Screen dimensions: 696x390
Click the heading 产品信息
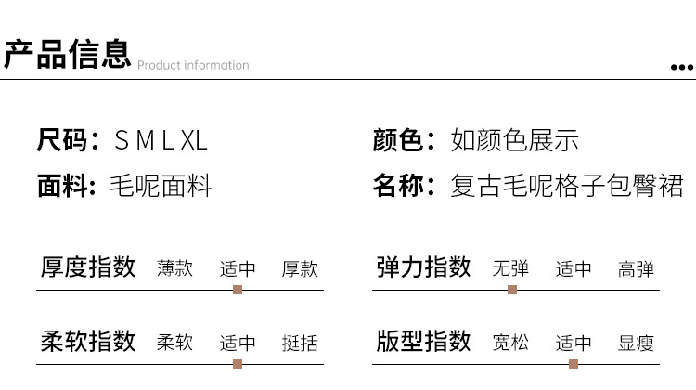tap(67, 54)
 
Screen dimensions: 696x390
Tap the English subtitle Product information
tap(193, 65)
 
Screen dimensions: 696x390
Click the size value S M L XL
tap(160, 141)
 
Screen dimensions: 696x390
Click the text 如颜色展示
tap(515, 141)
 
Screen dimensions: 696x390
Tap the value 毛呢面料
tap(161, 186)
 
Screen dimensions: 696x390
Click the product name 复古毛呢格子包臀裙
tap(567, 186)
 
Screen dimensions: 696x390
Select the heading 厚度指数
tap(88, 267)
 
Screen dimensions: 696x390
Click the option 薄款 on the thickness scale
tap(175, 268)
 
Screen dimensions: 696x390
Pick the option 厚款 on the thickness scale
tap(300, 268)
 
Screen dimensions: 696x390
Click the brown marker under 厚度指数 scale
tap(238, 290)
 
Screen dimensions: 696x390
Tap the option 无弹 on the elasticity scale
tap(511, 268)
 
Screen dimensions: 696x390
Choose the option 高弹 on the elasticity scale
tap(636, 268)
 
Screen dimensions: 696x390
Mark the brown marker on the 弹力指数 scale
tap(512, 290)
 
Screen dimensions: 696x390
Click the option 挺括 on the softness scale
tap(300, 343)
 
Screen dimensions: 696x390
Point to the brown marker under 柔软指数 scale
tap(238, 364)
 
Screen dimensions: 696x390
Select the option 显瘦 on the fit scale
tap(636, 343)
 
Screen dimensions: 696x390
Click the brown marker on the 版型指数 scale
tap(574, 364)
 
